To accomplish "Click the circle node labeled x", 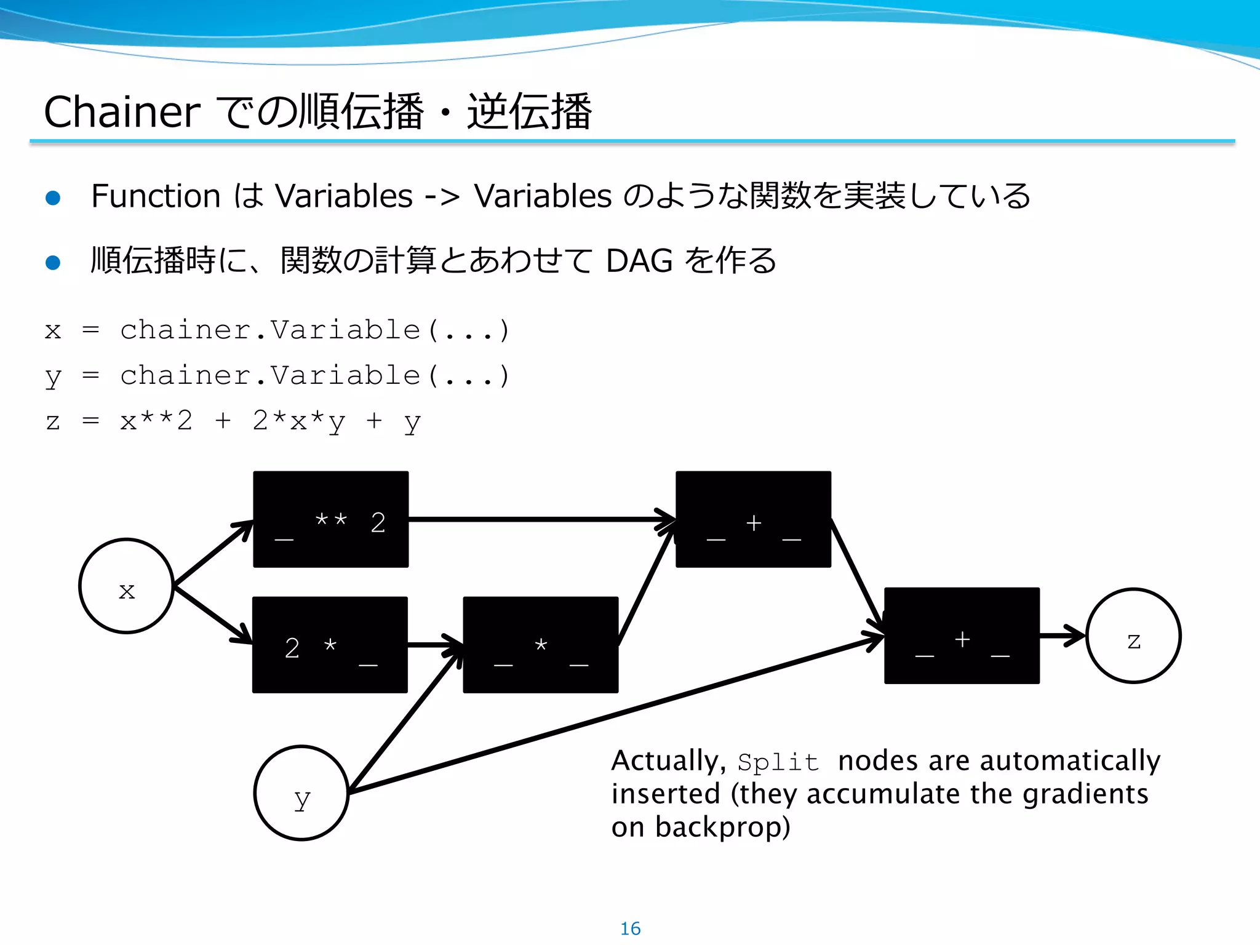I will tap(127, 586).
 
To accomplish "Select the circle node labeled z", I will tap(1133, 636).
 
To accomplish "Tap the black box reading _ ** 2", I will tap(331, 519).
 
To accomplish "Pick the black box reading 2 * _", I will tap(330, 645).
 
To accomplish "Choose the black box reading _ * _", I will tap(540, 645).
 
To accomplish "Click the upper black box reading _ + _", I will tap(753, 519).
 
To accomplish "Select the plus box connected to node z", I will tap(962, 636).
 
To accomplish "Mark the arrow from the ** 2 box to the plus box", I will tap(541, 520).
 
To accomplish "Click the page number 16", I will tap(630, 928).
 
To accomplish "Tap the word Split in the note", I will tap(778, 762).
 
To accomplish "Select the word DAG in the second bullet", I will tap(639, 261).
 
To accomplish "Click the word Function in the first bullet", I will tap(156, 196).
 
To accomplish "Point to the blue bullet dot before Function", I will tap(53, 197).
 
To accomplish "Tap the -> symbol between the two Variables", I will tap(442, 197).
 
